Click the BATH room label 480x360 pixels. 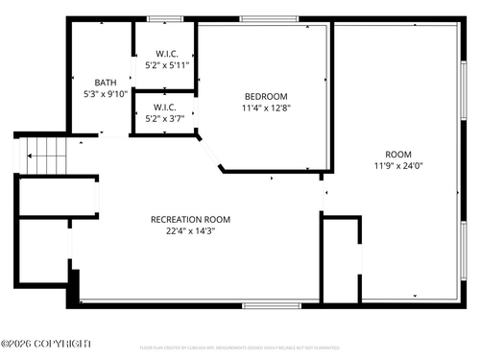click(x=106, y=83)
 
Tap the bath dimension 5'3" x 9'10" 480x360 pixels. click(x=106, y=94)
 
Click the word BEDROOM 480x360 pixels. click(x=266, y=96)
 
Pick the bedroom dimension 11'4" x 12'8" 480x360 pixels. click(x=266, y=108)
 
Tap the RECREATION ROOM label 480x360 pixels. click(x=190, y=219)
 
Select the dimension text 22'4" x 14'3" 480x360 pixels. click(x=190, y=230)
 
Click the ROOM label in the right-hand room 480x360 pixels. click(x=398, y=154)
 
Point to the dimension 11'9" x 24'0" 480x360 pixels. click(x=398, y=165)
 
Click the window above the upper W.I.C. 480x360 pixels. click(x=165, y=18)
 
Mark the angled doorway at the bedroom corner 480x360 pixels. click(x=209, y=154)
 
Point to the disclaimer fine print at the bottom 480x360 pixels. click(x=240, y=347)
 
